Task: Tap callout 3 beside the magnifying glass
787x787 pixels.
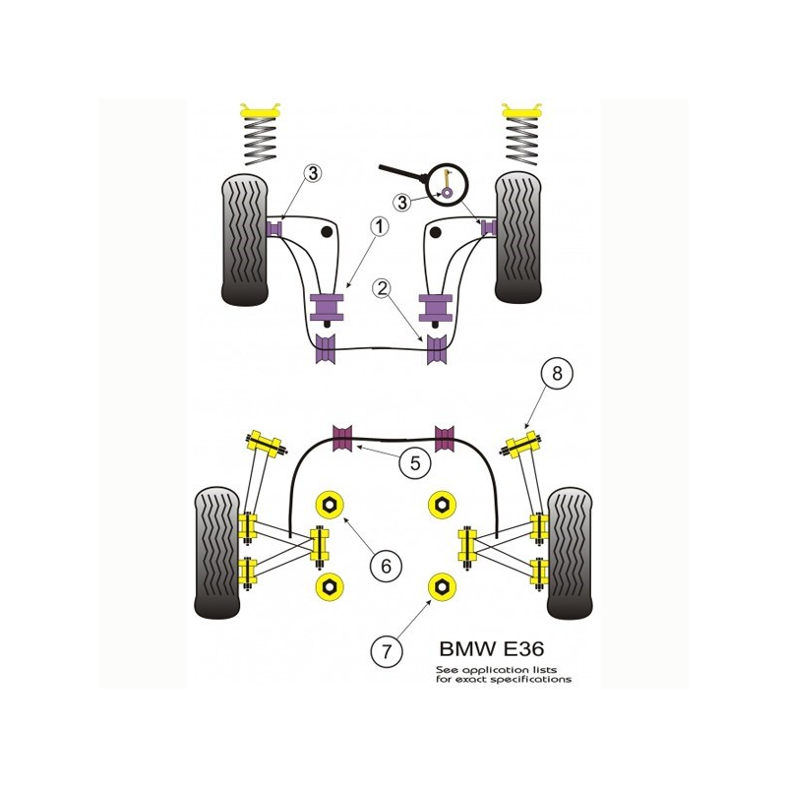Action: [401, 202]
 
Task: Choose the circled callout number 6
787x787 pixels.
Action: [385, 566]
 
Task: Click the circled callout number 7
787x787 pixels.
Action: [385, 650]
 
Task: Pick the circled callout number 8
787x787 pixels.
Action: [557, 373]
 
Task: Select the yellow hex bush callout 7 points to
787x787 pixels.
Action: [443, 588]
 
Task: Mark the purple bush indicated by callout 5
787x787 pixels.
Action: [344, 438]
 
